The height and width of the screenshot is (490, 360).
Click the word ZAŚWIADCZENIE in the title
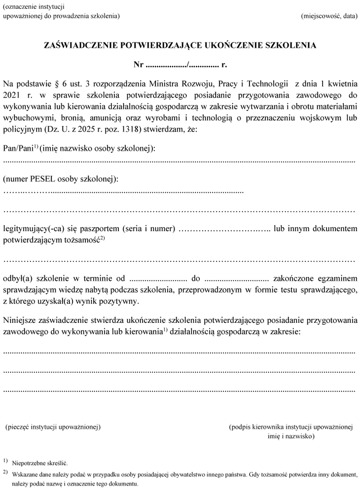click(80, 45)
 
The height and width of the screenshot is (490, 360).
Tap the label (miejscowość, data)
click(328, 16)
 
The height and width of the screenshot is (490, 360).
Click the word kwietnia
click(340, 83)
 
